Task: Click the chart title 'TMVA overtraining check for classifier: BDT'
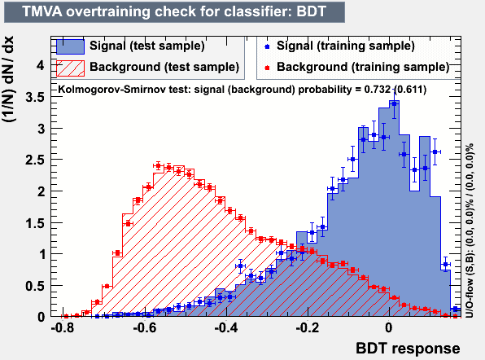coord(174,11)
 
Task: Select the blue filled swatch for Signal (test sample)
coord(70,46)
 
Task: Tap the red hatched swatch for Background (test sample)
coord(70,68)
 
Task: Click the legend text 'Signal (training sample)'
coord(346,46)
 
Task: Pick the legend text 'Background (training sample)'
coord(363,67)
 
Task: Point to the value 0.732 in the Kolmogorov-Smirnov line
coord(377,90)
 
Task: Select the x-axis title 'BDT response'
coord(408,349)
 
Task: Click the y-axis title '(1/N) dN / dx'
coord(8,79)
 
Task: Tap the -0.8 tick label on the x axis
coord(63,327)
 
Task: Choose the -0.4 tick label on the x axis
coord(226,327)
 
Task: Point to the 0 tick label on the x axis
coord(389,327)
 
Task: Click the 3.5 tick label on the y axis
coord(35,97)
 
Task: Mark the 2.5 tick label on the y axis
coord(35,160)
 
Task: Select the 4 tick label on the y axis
coord(41,65)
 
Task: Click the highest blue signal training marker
coord(394,103)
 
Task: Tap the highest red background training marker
coord(158,166)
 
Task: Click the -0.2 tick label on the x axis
coord(308,327)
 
